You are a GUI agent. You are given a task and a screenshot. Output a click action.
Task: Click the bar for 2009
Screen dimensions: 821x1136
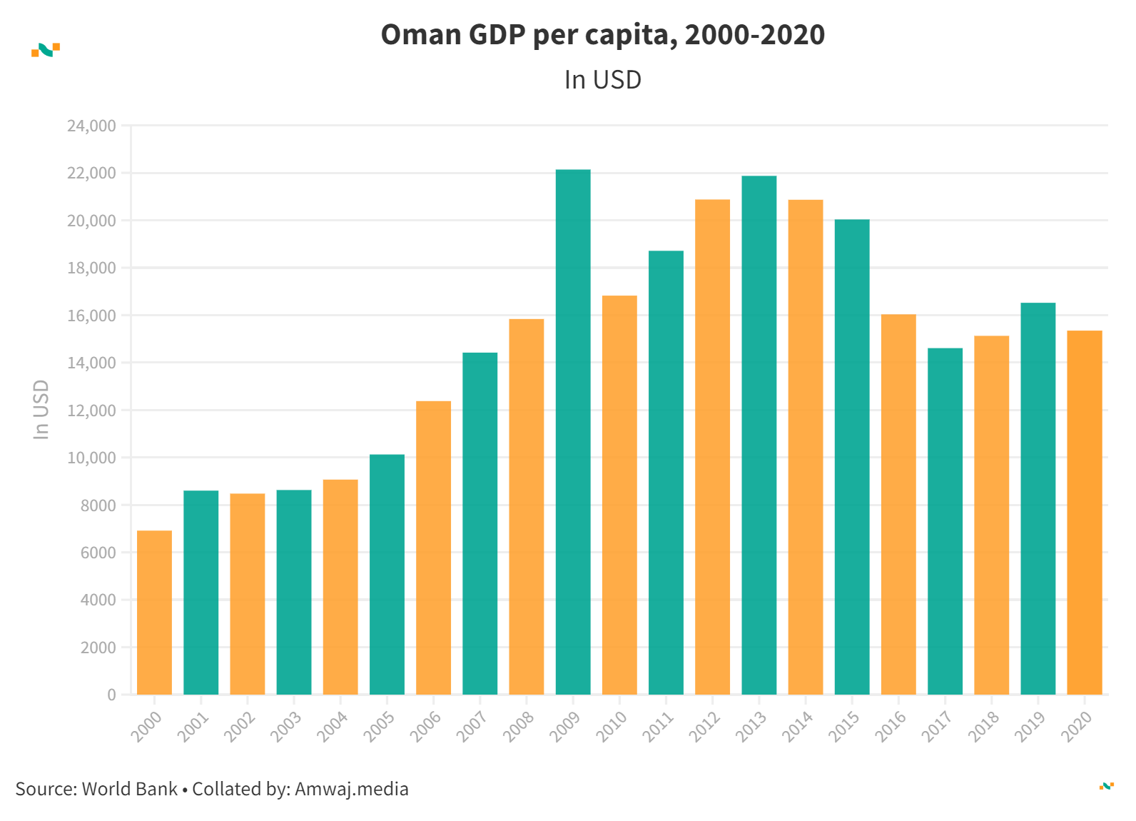click(x=573, y=432)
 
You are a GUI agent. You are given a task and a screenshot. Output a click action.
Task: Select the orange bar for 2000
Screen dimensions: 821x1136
click(x=154, y=613)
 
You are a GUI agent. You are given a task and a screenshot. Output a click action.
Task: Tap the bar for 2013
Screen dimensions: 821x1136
click(x=759, y=435)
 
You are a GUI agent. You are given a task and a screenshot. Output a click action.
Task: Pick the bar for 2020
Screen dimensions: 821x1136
click(x=1084, y=513)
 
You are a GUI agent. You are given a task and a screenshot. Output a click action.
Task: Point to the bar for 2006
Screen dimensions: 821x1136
click(x=433, y=548)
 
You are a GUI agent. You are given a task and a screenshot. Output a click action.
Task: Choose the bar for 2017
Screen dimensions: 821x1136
click(x=945, y=521)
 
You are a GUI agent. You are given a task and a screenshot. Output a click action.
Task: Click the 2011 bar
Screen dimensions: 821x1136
click(x=666, y=473)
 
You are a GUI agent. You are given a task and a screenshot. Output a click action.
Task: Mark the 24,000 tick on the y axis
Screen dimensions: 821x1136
click(x=91, y=126)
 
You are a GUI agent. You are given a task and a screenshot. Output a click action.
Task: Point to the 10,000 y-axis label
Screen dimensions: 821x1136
click(x=91, y=458)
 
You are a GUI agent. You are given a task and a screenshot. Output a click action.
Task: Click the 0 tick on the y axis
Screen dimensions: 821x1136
click(x=111, y=695)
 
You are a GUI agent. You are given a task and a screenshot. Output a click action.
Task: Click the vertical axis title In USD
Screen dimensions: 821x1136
click(x=41, y=410)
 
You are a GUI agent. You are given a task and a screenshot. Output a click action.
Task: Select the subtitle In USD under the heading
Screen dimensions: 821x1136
click(x=603, y=80)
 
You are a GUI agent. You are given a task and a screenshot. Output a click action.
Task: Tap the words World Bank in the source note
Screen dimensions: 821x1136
click(x=130, y=789)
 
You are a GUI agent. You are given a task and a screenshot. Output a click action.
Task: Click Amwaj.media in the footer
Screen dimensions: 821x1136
click(x=352, y=789)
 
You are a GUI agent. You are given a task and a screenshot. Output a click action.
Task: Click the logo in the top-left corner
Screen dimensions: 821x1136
click(x=46, y=50)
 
